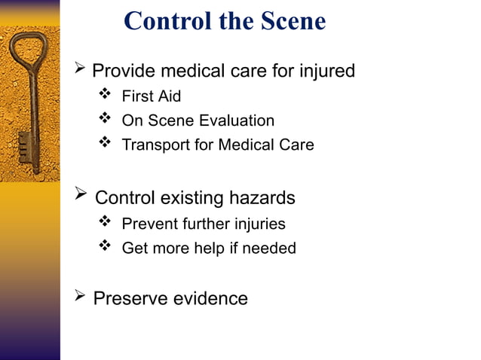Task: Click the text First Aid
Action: pyautogui.click(x=151, y=96)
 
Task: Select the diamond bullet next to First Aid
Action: pyautogui.click(x=105, y=96)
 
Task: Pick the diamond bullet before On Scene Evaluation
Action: pyautogui.click(x=105, y=120)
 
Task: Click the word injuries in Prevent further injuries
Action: pyautogui.click(x=257, y=224)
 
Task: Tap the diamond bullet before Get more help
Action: pyautogui.click(x=105, y=247)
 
